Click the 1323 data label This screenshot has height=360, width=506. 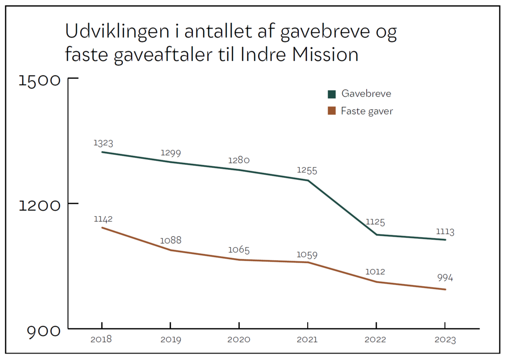pyautogui.click(x=103, y=143)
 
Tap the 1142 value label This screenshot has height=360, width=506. pyautogui.click(x=103, y=219)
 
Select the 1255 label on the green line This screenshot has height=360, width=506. pyautogui.click(x=307, y=170)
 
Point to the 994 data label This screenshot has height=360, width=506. pyautogui.click(x=445, y=278)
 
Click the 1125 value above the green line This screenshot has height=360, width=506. pyautogui.click(x=375, y=222)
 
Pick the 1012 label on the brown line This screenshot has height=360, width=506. pyautogui.click(x=375, y=272)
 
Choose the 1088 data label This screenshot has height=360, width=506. pyautogui.click(x=171, y=240)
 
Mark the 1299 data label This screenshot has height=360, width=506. pyautogui.click(x=171, y=153)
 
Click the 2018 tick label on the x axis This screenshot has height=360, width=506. pyautogui.click(x=101, y=340)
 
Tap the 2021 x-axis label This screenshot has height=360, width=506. pyautogui.click(x=307, y=340)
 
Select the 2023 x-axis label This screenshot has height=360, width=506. pyautogui.click(x=445, y=340)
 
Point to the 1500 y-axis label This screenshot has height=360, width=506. pyautogui.click(x=39, y=80)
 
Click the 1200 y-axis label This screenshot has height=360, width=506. pyautogui.click(x=39, y=205)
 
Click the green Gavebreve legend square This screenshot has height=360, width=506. pyautogui.click(x=332, y=94)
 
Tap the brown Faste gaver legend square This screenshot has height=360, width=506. pyautogui.click(x=332, y=111)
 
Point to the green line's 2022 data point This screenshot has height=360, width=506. pyautogui.click(x=376, y=235)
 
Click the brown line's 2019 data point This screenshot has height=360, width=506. pyautogui.click(x=170, y=250)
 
